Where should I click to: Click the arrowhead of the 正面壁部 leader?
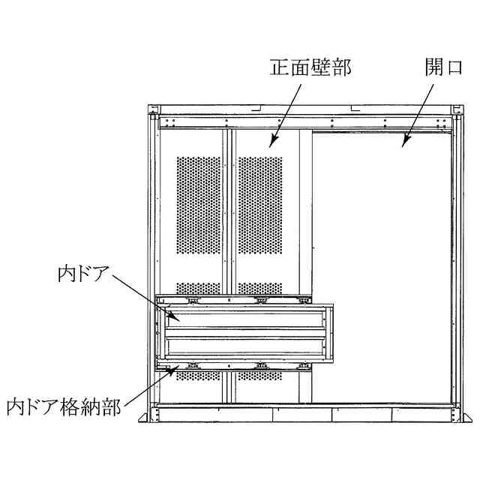(271, 144)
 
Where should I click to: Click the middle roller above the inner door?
(261, 301)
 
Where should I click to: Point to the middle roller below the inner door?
(261, 365)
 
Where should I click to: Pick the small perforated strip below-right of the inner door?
(259, 375)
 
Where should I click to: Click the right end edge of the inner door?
(331, 332)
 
